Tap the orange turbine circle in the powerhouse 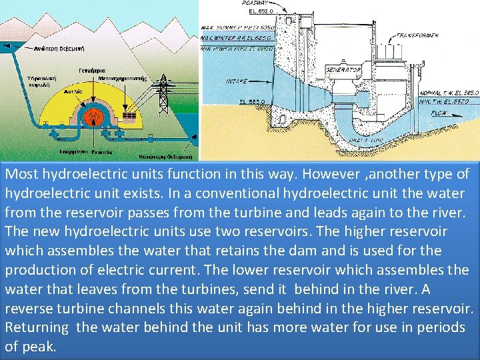(x=93, y=117)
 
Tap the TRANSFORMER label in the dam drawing (x=418, y=35)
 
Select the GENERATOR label (x=343, y=70)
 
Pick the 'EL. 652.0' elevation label (x=260, y=11)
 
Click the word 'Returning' (x=37, y=328)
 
